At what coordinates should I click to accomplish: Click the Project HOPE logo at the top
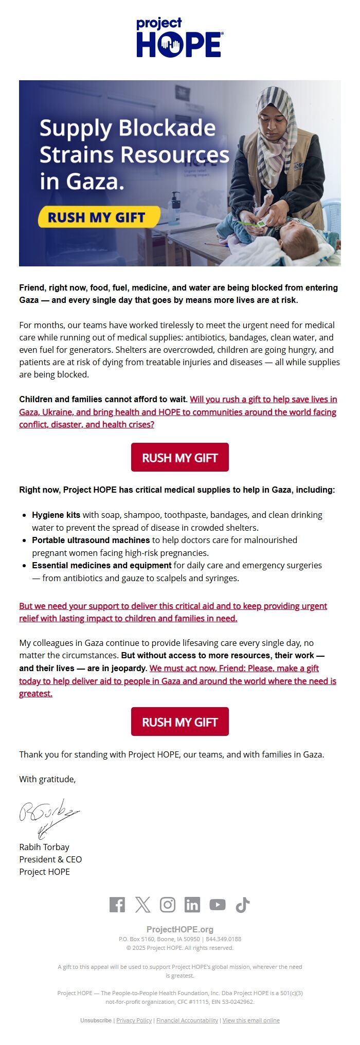(x=179, y=38)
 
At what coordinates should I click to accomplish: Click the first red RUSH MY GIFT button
(x=179, y=457)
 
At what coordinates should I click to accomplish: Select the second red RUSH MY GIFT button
(x=179, y=722)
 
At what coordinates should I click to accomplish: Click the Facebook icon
(x=117, y=905)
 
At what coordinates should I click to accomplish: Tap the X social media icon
(x=142, y=905)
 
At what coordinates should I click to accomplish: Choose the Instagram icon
(x=168, y=905)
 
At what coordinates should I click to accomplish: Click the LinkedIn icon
(x=192, y=905)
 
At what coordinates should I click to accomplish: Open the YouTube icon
(x=218, y=905)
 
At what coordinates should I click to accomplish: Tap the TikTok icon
(x=243, y=905)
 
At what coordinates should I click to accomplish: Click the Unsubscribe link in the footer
(x=96, y=1020)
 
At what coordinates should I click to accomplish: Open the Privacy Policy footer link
(x=134, y=1020)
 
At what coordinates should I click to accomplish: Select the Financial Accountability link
(x=187, y=1020)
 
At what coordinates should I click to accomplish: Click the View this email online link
(x=251, y=1020)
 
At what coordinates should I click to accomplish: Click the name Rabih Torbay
(x=44, y=846)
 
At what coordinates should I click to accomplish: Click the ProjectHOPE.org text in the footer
(x=179, y=929)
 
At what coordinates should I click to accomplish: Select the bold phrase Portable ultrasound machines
(x=91, y=540)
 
